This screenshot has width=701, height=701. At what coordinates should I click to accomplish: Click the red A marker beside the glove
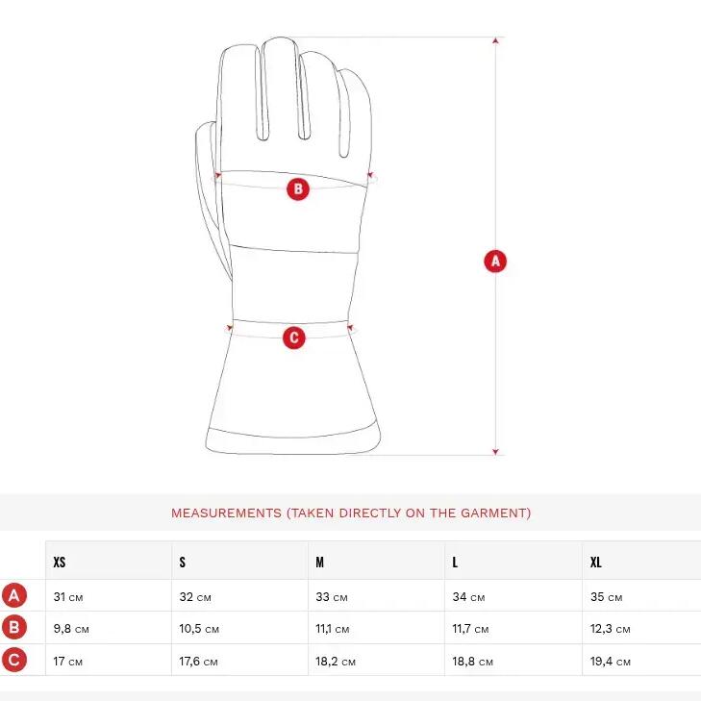pos(495,262)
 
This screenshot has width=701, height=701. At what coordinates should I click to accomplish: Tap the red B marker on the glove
pos(298,188)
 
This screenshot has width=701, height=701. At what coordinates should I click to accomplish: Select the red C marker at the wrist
pos(294,338)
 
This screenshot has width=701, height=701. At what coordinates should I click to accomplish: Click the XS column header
pos(60,562)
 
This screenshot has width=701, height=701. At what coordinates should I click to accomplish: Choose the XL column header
pos(596,562)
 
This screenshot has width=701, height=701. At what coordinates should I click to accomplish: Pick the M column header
pos(319,562)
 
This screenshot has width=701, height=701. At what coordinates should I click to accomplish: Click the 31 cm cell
pos(68,597)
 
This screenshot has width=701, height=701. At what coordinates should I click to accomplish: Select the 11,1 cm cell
pos(332,629)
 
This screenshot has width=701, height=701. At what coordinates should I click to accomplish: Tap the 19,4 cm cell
pos(611,662)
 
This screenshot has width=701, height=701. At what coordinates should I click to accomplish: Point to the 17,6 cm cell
pos(198,662)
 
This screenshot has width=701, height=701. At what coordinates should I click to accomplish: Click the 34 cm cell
pos(468,597)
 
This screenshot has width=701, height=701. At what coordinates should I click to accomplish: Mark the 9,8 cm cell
pos(71,629)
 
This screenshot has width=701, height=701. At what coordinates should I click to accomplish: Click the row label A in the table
pos(14,595)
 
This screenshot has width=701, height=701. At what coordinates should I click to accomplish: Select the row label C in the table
pos(14,660)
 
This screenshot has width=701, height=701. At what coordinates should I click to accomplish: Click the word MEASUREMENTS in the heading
pos(226,513)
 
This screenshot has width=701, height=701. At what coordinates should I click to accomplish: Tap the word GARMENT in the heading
pos(493,513)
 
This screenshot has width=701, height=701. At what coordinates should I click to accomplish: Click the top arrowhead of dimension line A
pos(495,40)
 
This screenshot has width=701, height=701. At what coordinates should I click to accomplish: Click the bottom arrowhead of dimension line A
pos(495,452)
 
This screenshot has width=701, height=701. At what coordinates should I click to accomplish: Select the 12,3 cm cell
pos(611,629)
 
